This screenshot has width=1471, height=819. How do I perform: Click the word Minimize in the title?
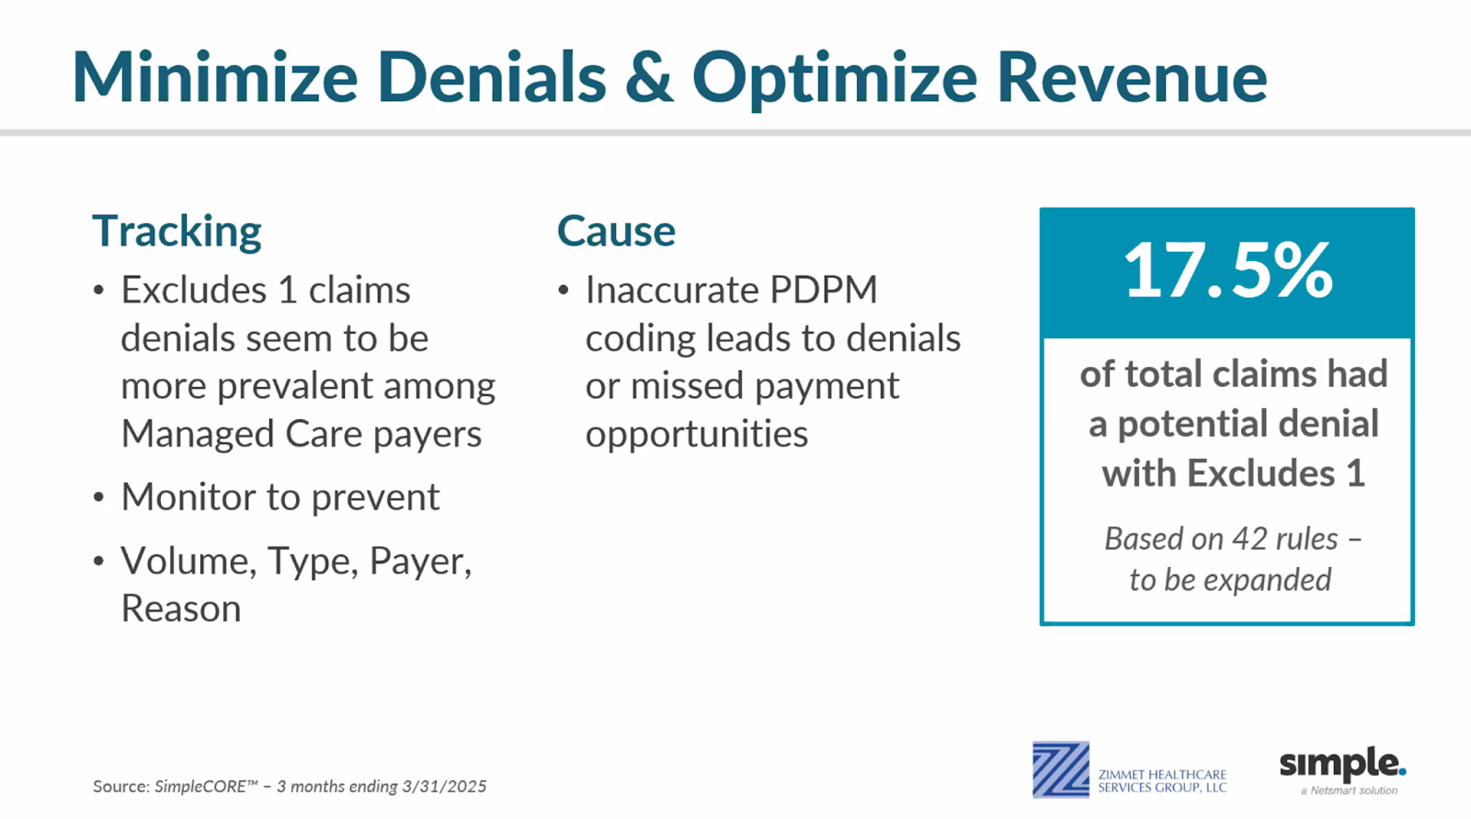click(x=215, y=77)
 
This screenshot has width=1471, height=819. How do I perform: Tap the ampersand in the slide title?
click(x=649, y=77)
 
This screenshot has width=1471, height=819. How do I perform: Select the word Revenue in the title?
click(x=1132, y=77)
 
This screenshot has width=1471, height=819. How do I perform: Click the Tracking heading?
click(x=177, y=232)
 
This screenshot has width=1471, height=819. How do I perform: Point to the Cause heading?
click(x=616, y=232)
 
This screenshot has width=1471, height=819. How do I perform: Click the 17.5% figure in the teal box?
click(x=1228, y=270)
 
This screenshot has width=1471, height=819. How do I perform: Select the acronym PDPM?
click(x=824, y=290)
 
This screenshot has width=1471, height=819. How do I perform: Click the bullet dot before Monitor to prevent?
click(x=98, y=497)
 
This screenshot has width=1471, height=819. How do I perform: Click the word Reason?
click(x=181, y=609)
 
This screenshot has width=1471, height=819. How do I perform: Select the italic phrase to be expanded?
click(x=1230, y=580)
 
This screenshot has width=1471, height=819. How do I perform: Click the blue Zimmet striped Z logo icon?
click(x=1061, y=769)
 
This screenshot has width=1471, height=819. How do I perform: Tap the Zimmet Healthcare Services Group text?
click(x=1162, y=781)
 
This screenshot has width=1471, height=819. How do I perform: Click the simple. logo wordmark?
click(x=1343, y=764)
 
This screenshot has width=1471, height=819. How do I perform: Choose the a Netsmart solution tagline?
click(x=1349, y=791)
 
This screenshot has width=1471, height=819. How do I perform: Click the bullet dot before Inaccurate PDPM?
click(x=564, y=290)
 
